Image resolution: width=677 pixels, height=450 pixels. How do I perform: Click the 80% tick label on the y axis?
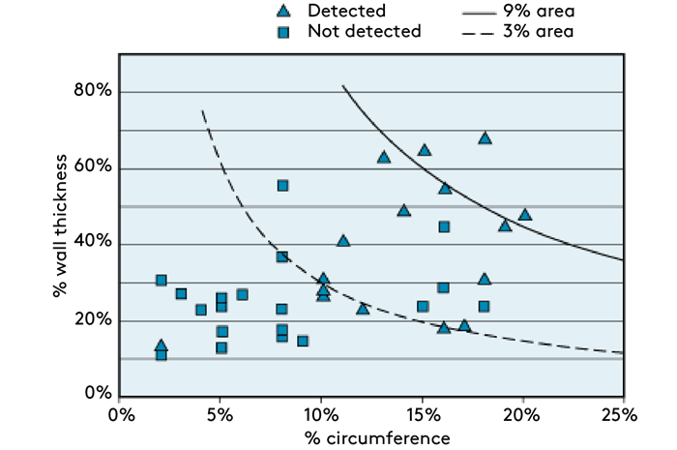coord(93,92)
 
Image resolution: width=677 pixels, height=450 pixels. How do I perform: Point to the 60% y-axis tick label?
coord(93,167)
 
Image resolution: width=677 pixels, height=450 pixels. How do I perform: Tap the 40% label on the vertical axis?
coord(93,244)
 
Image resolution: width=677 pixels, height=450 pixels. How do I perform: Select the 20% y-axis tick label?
coord(93,320)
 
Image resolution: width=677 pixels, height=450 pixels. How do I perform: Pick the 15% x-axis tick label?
coord(423,415)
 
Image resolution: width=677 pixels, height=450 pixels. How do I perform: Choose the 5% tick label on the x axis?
coord(222,415)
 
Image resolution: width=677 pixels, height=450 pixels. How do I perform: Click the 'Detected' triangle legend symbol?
coord(282,12)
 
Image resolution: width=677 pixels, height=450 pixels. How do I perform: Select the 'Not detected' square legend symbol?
coord(282,32)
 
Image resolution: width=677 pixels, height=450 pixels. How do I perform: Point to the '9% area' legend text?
coord(534,12)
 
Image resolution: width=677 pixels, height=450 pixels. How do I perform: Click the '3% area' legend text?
coord(534,32)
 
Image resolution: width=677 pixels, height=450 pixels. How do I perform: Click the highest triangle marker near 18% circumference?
coord(485,138)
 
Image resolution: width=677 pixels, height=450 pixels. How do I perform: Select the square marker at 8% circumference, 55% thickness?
coord(282,185)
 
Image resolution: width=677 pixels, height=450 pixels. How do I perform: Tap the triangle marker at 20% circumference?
coord(525,215)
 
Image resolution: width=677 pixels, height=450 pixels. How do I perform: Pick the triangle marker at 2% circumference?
coord(162,345)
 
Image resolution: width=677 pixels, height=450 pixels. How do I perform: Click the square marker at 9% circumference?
coord(303,341)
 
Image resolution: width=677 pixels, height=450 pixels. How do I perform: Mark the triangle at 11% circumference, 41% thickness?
coord(343,241)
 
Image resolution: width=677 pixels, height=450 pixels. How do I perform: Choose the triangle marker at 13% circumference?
coord(383,157)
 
